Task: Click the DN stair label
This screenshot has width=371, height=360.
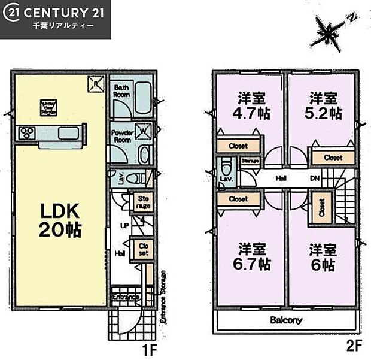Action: tap(315, 178)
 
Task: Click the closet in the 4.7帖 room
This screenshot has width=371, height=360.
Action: tap(238, 146)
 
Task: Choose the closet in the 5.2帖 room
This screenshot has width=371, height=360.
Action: tap(333, 158)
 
